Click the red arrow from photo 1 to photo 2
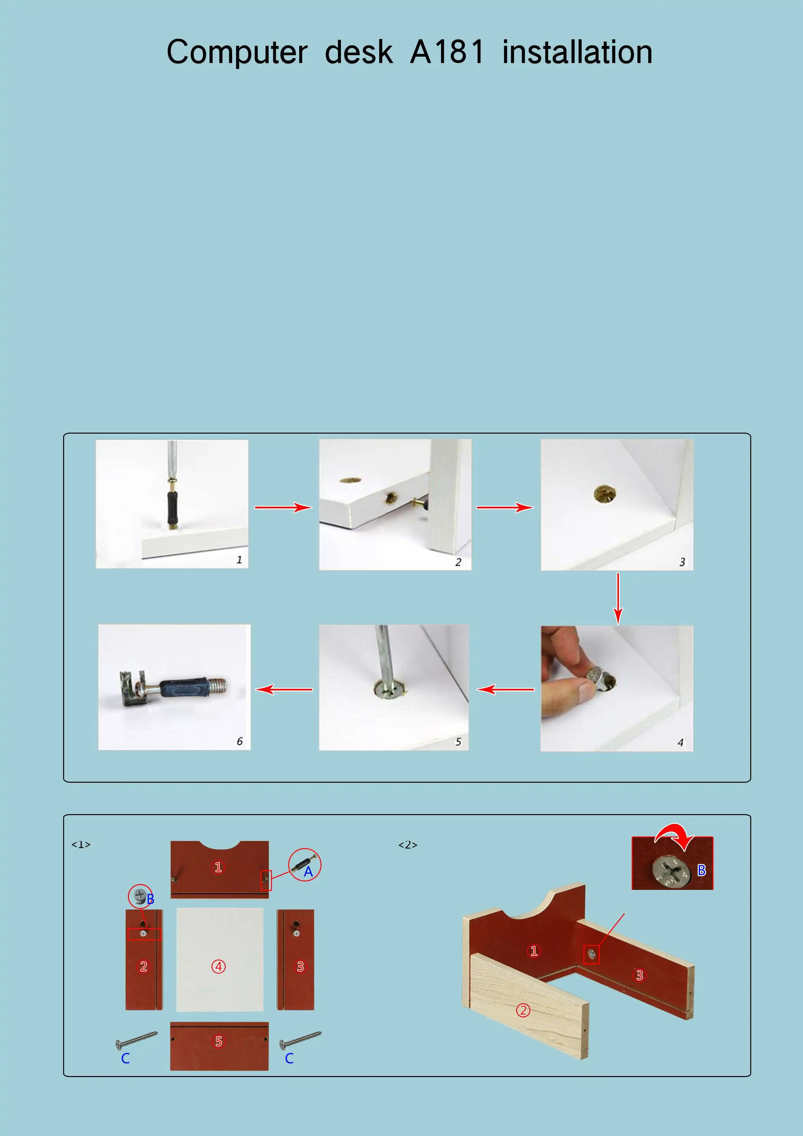pos(284,507)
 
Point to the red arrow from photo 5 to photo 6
pos(284,689)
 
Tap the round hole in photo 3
pos(605,493)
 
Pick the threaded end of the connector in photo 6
pos(218,686)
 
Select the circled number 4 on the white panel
pos(219,966)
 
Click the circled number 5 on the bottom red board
pos(219,1041)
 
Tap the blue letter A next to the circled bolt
pos(308,871)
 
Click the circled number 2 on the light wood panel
pos(524,1010)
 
